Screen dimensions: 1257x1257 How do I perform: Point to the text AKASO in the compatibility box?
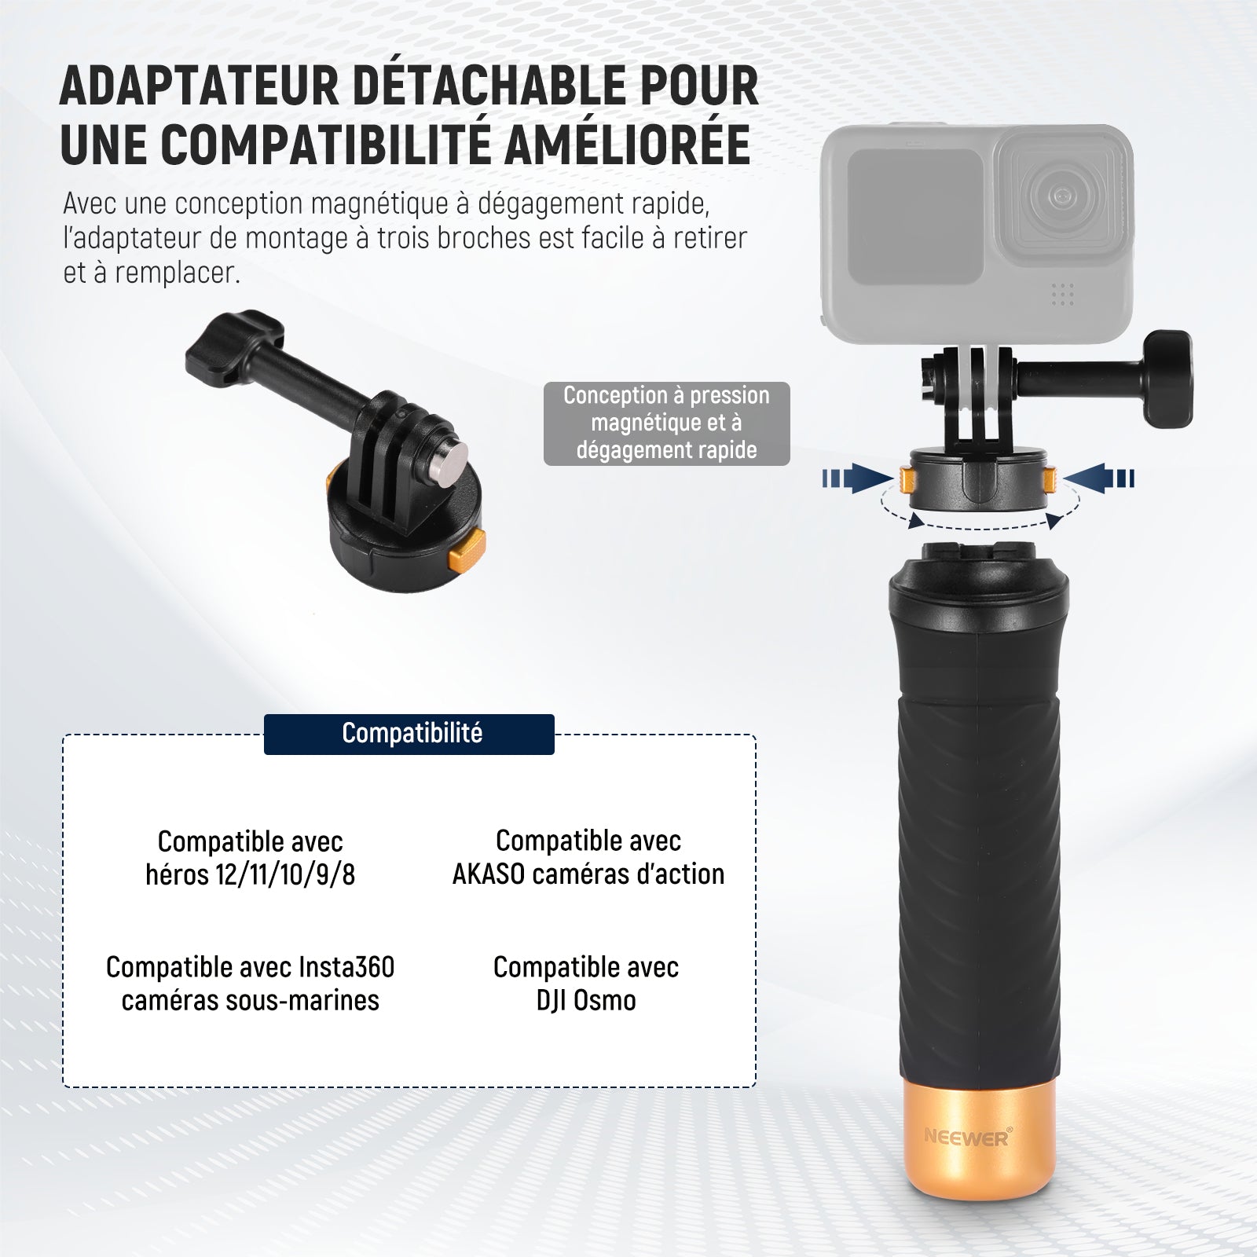[x=488, y=874]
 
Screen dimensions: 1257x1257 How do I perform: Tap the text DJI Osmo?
[x=586, y=1000]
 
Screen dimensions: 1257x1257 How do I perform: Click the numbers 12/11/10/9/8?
[x=285, y=874]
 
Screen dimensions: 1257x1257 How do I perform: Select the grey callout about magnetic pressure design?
[x=666, y=423]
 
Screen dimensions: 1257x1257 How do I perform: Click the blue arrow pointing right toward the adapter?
[x=858, y=478]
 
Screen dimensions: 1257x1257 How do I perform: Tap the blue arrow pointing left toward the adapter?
[x=1099, y=478]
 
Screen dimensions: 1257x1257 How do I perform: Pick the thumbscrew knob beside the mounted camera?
[x=1167, y=379]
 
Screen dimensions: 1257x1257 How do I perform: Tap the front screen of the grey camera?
[x=915, y=216]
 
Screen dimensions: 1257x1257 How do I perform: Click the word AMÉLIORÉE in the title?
[x=626, y=144]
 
